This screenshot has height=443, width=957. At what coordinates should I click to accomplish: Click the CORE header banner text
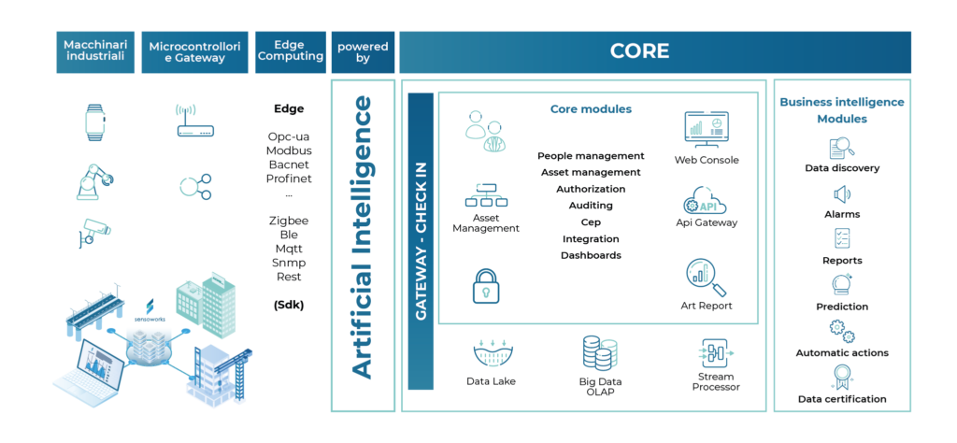point(639,51)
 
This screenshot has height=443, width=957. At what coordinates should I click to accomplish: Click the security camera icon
point(94,233)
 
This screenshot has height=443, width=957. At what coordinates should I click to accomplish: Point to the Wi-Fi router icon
point(195,121)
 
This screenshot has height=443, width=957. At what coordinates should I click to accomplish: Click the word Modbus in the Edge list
point(289,150)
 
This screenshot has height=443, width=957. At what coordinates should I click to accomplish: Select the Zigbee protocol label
point(289,221)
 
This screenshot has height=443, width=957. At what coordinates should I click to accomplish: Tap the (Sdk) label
point(289,305)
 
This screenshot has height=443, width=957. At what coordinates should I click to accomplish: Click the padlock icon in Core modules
point(486,286)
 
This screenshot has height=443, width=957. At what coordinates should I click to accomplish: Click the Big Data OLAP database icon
point(597,353)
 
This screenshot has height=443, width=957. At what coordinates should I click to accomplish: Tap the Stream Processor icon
point(717,353)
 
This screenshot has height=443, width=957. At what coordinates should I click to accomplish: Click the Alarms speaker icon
point(841,195)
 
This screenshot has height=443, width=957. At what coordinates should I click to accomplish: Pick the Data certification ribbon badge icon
point(841,377)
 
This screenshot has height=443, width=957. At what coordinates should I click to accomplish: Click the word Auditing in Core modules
point(591,205)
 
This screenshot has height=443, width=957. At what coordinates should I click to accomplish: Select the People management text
point(591,156)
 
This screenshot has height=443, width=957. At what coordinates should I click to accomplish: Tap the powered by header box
point(363,51)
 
